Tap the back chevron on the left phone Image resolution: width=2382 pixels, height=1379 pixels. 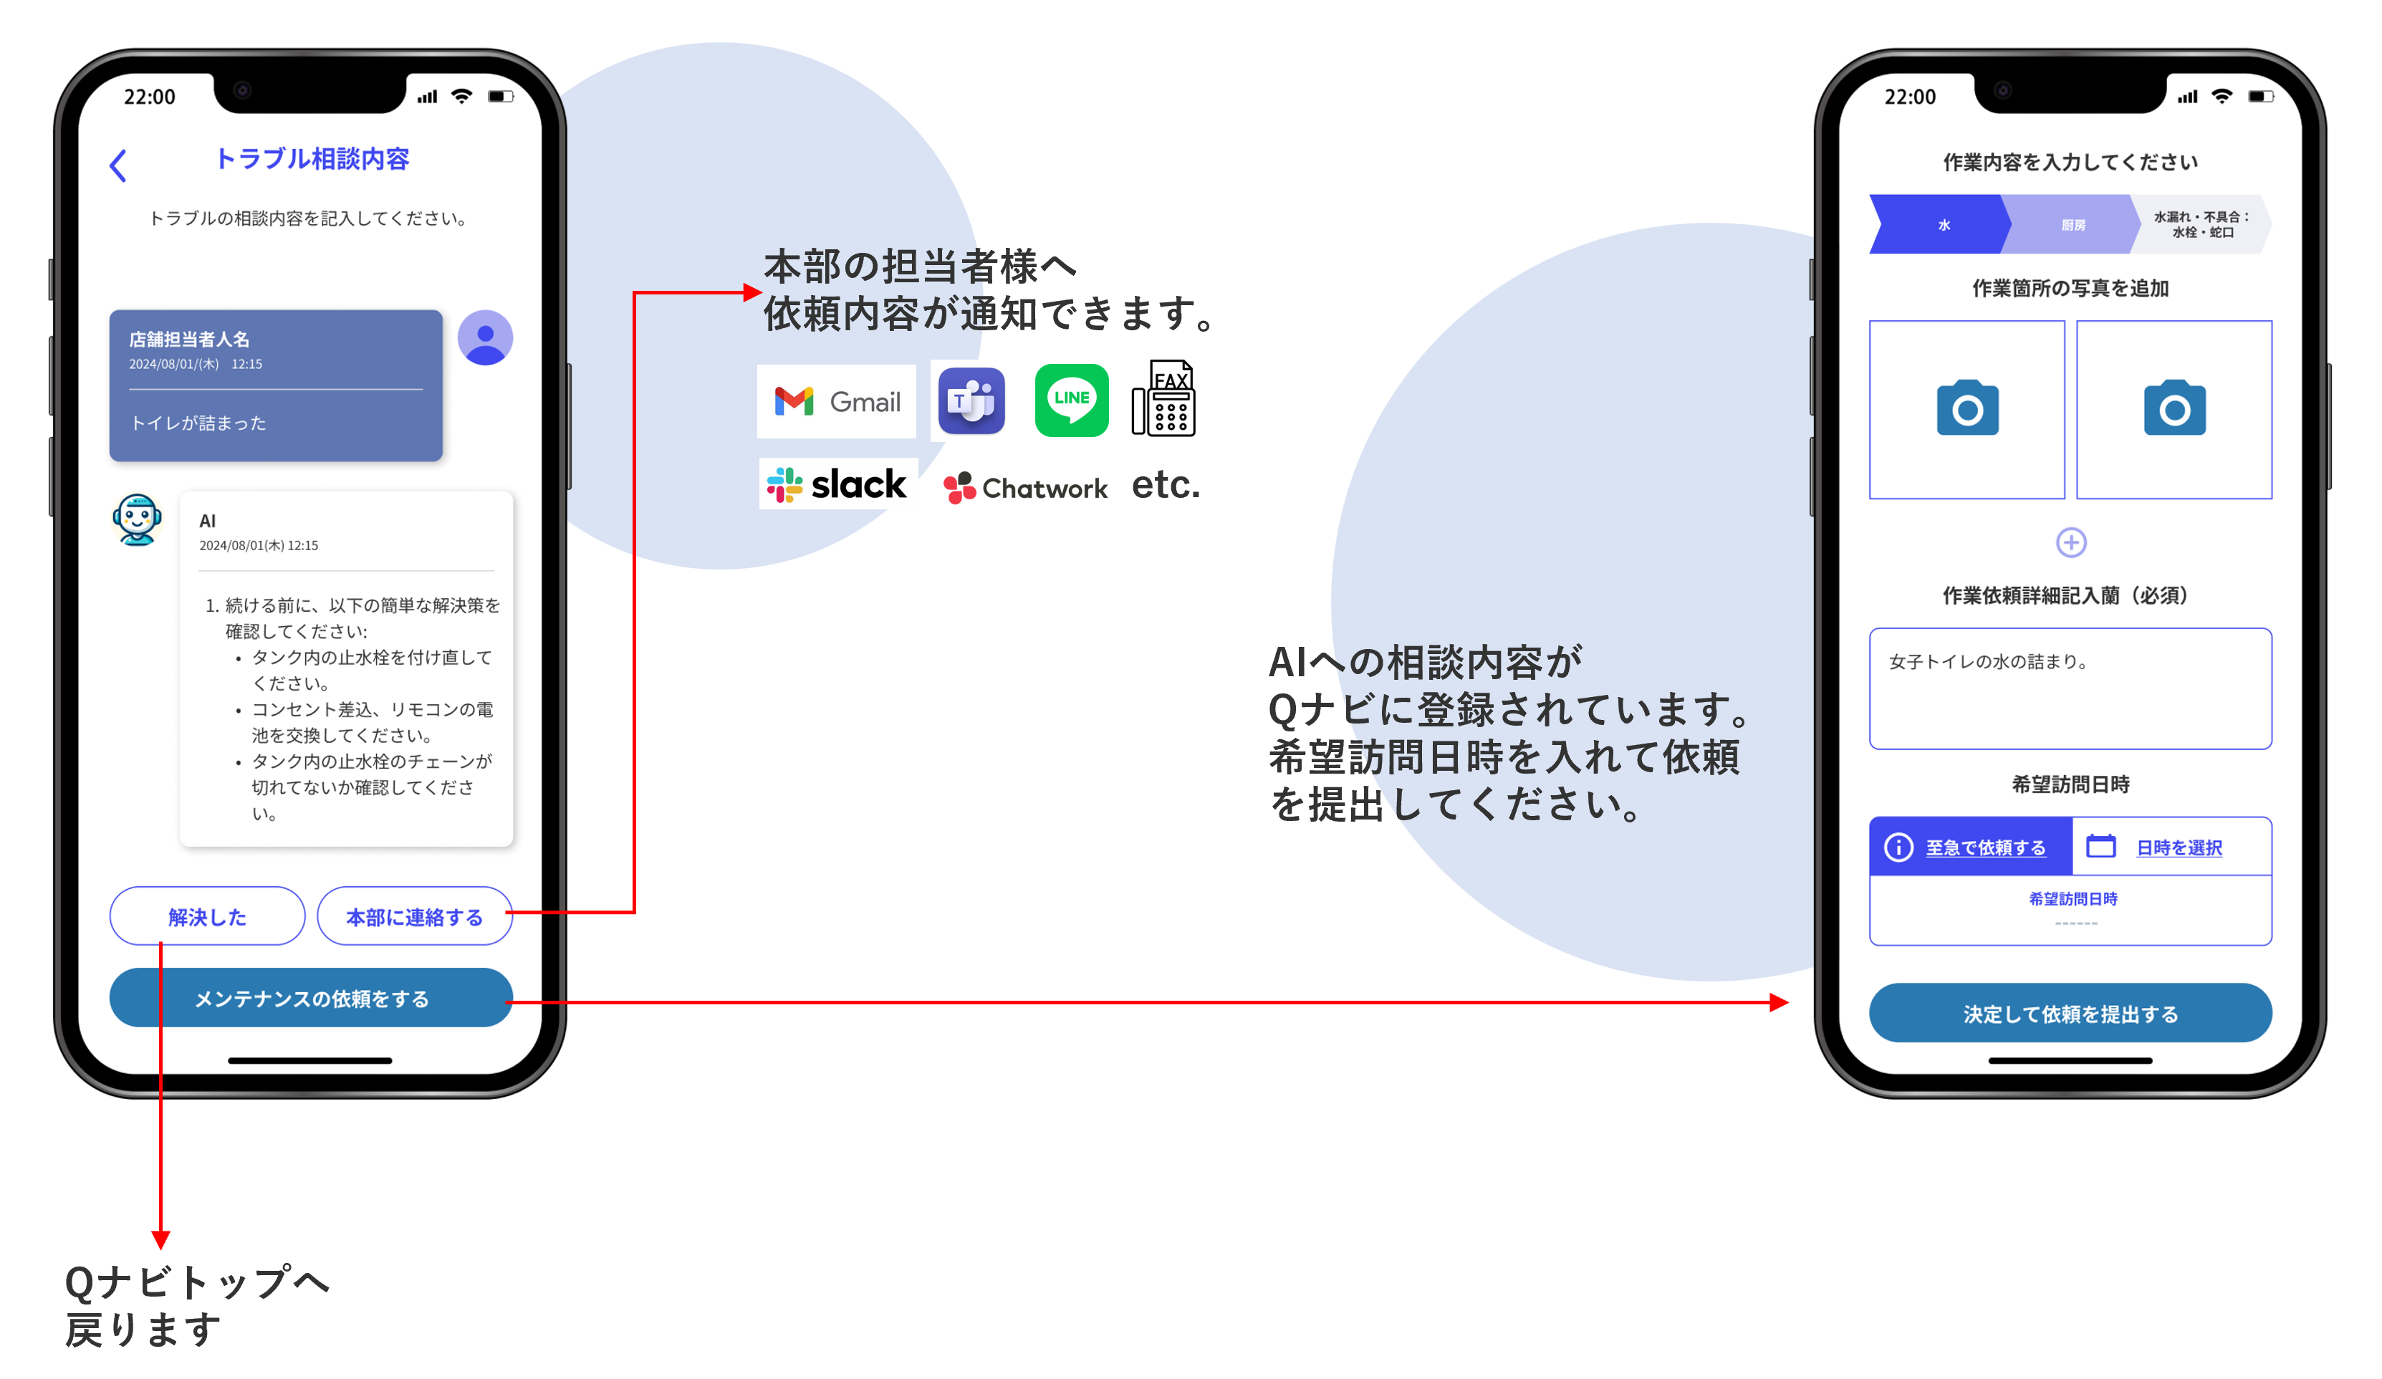click(118, 165)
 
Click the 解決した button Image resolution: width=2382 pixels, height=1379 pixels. click(207, 916)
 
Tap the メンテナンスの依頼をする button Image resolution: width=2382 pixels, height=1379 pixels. click(311, 998)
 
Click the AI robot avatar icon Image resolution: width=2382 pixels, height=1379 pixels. click(137, 519)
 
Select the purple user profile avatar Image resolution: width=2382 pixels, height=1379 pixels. click(485, 337)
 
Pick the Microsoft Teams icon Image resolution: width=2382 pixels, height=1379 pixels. click(971, 400)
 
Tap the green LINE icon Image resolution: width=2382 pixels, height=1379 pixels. click(1071, 400)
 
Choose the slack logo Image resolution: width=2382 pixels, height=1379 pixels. click(837, 484)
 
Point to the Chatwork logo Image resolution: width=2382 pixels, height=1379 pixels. click(1026, 488)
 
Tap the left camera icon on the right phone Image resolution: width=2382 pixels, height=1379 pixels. click(1967, 408)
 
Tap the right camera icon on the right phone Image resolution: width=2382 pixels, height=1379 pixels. click(2174, 408)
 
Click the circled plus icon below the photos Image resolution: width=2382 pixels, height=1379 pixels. click(2071, 542)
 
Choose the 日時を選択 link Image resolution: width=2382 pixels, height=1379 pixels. click(2179, 847)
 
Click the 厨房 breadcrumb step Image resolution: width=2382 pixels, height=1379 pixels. click(2073, 225)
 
